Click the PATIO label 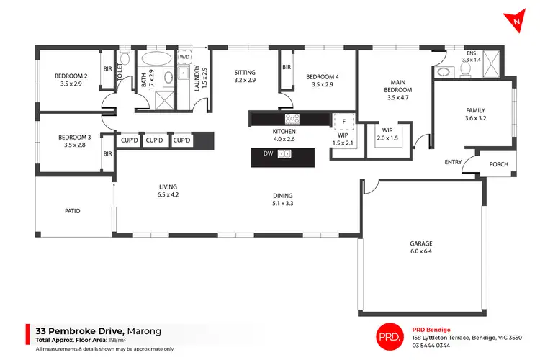73,211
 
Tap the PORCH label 498,164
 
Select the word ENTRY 453,162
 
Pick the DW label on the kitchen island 268,153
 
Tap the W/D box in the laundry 184,57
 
